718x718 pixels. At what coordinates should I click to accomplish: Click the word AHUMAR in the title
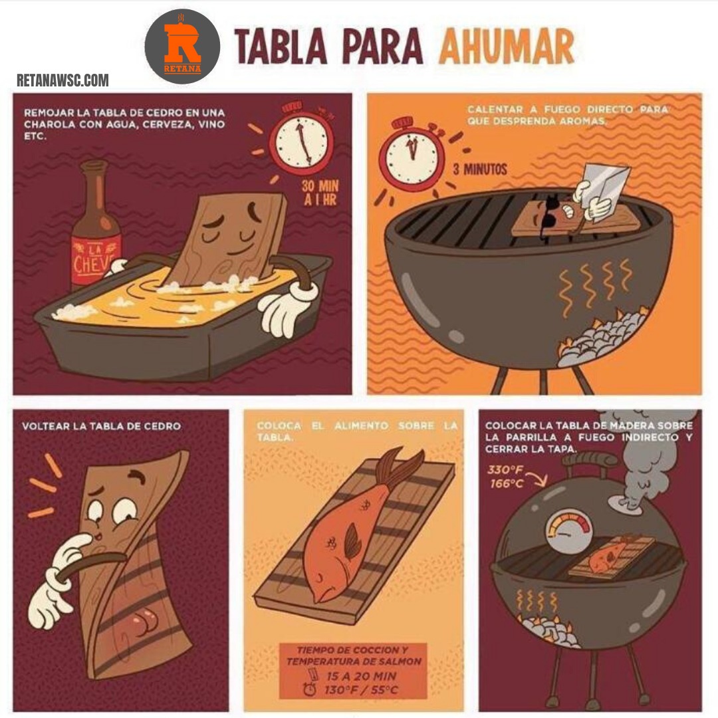click(x=506, y=47)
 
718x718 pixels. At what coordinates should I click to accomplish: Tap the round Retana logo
click(x=182, y=47)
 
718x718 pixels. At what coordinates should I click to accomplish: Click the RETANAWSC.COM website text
click(x=62, y=80)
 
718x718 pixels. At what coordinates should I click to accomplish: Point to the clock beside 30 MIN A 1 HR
click(x=300, y=140)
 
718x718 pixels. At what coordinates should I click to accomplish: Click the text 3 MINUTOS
click(x=480, y=170)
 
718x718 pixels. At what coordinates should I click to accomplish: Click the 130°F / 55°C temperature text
click(x=361, y=689)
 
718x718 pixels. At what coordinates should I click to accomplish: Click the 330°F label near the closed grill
click(x=505, y=470)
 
